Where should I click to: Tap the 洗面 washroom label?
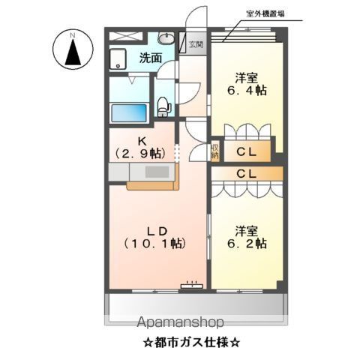(150, 58)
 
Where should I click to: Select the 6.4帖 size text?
(247, 91)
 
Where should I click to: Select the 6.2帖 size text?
(247, 244)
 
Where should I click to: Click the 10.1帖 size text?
(154, 244)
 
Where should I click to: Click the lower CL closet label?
(246, 174)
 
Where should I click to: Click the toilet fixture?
(164, 106)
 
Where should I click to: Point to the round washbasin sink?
(166, 40)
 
